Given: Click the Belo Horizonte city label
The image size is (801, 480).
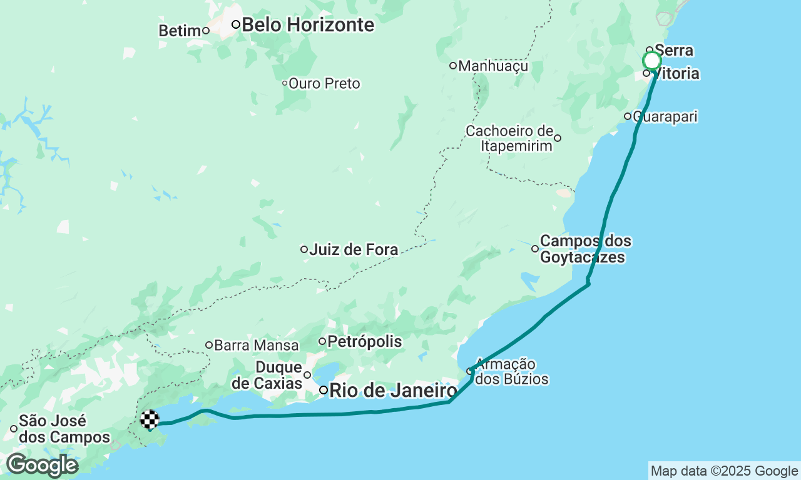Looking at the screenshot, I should point(307,25).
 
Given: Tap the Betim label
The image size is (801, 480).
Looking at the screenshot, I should point(179,31).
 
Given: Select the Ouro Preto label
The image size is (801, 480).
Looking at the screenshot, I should point(324,83).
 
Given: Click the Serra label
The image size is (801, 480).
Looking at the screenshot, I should point(674,51).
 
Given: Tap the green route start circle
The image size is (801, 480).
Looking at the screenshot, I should point(651,61).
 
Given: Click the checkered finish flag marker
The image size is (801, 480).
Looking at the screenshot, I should point(150,419).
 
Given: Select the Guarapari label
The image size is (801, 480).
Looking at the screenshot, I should point(665,116).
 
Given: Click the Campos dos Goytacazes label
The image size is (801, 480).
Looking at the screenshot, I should point(585,249).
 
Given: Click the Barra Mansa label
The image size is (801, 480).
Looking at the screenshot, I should point(256,345).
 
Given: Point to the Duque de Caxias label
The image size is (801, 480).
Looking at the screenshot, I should point(279,375).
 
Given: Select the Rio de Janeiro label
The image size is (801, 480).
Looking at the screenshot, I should point(393,391).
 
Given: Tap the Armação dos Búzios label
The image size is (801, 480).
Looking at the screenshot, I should point(511,371).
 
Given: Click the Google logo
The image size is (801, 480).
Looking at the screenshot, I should point(42,465).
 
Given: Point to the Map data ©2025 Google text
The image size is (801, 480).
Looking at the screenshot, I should point(724,471).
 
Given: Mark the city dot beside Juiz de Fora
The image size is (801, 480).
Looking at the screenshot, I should point(304,249).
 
